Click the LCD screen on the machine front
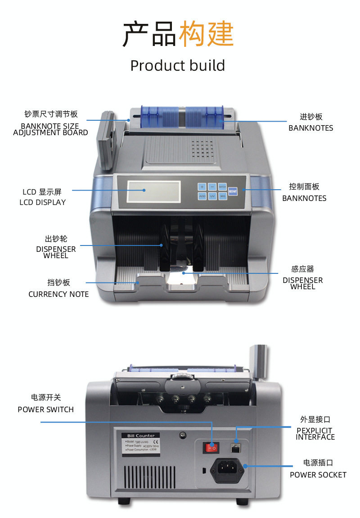153,191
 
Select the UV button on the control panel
212,196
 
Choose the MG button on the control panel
223,196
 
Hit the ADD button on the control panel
202,196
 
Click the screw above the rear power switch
182,435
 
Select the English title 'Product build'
177,66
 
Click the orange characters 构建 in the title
207,34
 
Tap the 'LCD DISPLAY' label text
42,202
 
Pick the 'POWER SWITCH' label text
45,409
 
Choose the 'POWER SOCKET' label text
318,475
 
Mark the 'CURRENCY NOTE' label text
58,294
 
